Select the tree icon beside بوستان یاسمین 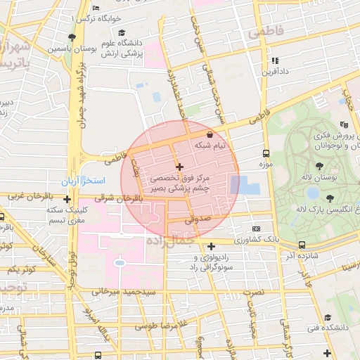point(72,37)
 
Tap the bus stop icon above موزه point(266,153)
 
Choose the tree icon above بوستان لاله point(320,167)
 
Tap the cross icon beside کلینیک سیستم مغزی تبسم point(66,199)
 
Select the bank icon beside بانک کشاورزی point(256,229)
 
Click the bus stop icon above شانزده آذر point(302,245)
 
